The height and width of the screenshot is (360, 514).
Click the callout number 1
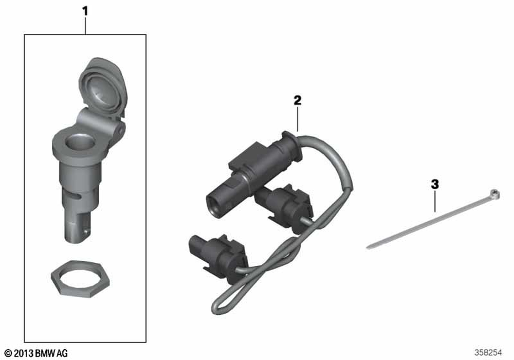point(85,12)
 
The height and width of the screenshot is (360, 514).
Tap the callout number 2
point(297,100)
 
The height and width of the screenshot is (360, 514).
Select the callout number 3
point(435,184)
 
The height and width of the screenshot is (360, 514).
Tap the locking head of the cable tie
point(494,194)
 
